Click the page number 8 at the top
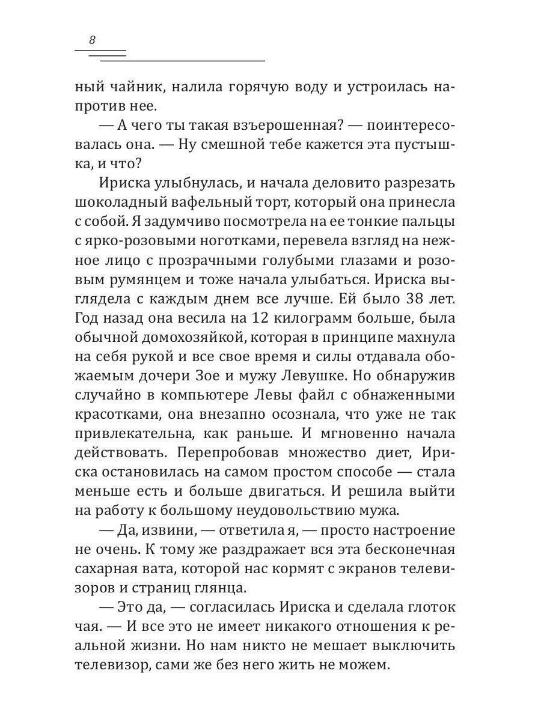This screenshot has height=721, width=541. point(92,40)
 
